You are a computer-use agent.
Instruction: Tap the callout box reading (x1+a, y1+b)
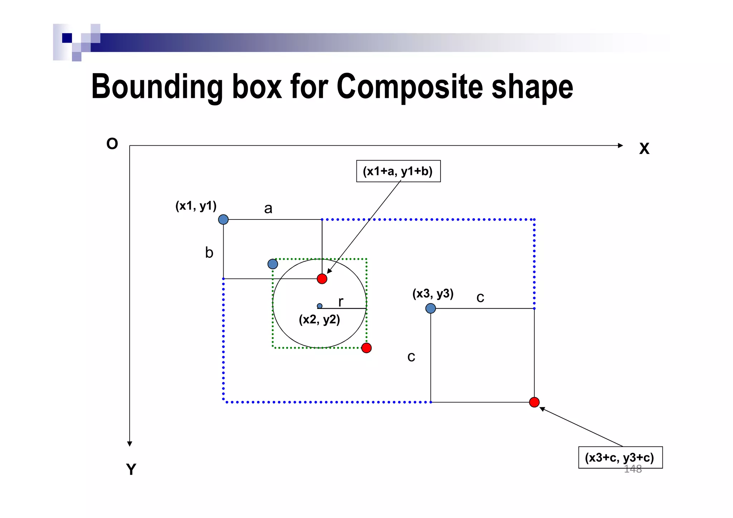pos(398,171)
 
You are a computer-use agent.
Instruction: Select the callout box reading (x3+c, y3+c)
pos(620,457)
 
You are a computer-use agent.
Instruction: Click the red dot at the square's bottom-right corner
pos(534,402)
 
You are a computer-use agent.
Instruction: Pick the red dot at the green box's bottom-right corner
pos(366,348)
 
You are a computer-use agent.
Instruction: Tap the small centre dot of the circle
pos(320,306)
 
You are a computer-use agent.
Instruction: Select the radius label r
pos(341,302)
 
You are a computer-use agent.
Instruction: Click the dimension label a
pos(268,208)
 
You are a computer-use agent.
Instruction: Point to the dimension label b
pos(209,253)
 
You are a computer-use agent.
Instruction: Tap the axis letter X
pos(644,149)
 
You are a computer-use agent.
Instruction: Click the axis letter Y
pos(131,469)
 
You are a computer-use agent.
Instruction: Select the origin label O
pos(112,144)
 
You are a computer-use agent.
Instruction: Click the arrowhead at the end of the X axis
pos(620,145)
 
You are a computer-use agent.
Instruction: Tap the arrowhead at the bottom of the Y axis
pos(130,444)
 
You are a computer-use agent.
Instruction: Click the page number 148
pos(632,469)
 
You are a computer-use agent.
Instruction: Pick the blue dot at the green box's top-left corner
pos(273,264)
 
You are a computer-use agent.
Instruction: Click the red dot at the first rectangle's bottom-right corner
pos(322,279)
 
